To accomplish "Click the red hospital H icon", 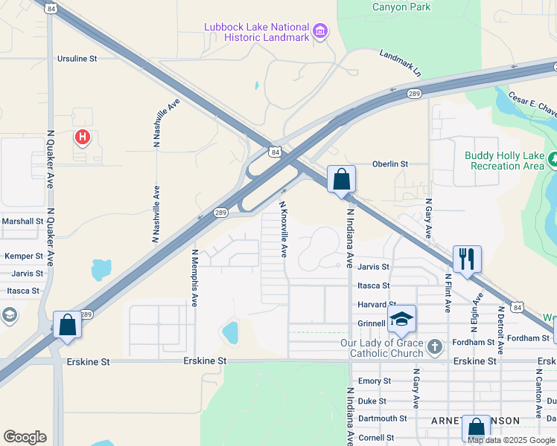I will (x=83, y=138).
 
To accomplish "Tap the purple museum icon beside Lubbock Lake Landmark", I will (x=320, y=31).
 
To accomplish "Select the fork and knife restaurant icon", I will (x=467, y=259).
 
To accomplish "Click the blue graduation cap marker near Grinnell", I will (x=402, y=319).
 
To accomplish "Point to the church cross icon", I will (x=436, y=346).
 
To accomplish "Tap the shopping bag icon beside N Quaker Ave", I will (x=67, y=325).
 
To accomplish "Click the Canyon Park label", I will (x=401, y=7).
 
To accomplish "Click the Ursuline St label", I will (x=77, y=58).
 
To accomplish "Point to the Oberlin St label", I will (x=390, y=164).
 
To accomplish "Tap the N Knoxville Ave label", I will (x=283, y=228).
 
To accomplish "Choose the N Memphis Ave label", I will (x=194, y=277).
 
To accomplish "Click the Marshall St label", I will (x=22, y=221).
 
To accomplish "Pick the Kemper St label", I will (x=24, y=256).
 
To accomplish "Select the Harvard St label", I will (x=376, y=305).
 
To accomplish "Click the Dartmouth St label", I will (x=382, y=418).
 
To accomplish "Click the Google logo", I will (x=25, y=437).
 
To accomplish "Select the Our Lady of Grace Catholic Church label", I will (x=381, y=347).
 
